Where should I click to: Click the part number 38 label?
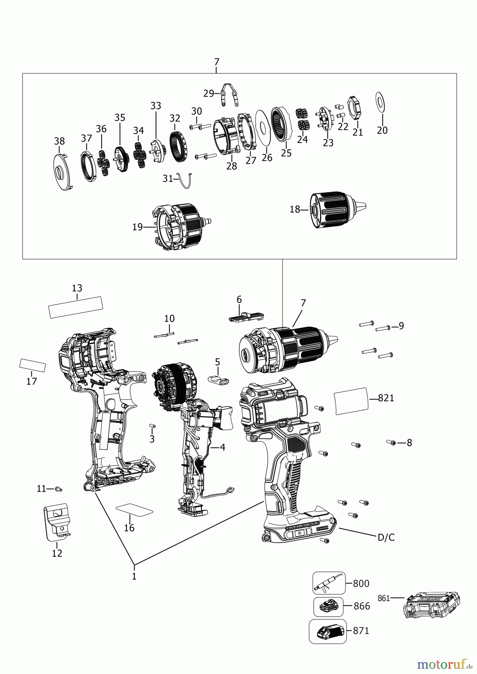[59, 141]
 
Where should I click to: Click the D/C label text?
[386, 537]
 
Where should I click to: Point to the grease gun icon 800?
[328, 583]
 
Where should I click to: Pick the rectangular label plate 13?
[76, 307]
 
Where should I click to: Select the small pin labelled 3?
[152, 426]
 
